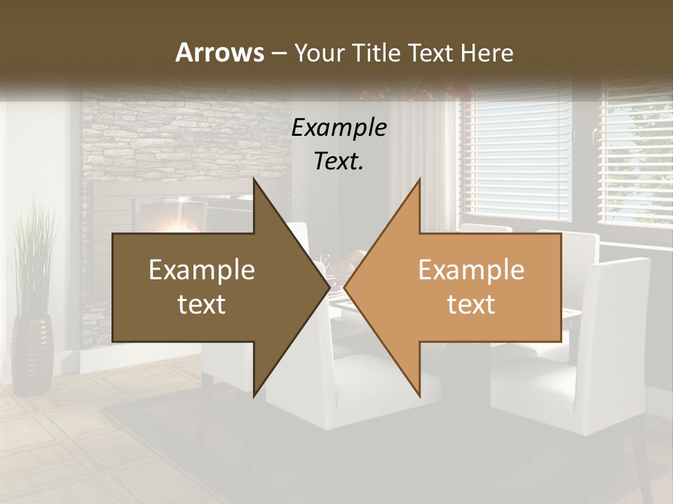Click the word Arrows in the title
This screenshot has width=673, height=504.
[219, 52]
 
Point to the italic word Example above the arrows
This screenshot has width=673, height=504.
[339, 127]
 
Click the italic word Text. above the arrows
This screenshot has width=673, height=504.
[339, 161]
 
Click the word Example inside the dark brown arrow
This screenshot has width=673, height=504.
[202, 270]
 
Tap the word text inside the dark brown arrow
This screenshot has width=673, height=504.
[202, 304]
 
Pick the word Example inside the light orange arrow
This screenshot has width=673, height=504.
[471, 270]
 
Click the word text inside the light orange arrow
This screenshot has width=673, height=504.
[471, 304]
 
